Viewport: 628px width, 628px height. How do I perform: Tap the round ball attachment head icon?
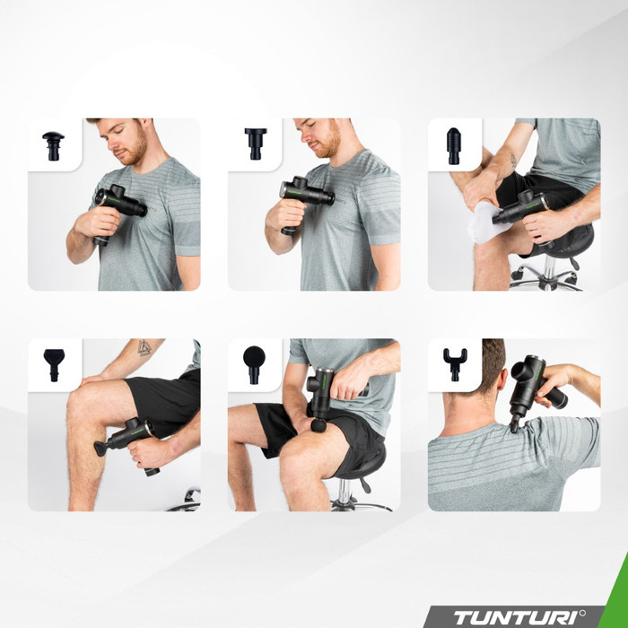254,362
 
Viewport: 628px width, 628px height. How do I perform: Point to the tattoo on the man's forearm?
144,347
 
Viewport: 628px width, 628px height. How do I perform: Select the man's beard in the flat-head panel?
328,144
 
